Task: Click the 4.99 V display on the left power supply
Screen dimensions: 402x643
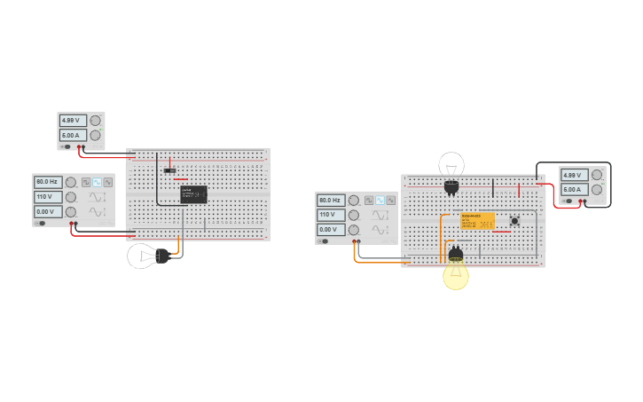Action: tap(71, 121)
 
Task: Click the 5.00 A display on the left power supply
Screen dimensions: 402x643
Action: tap(71, 136)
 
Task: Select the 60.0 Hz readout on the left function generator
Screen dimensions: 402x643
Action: tap(47, 182)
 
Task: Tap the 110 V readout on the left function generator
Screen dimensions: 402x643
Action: tap(47, 197)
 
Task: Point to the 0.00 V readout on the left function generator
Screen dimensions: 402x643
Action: tap(47, 212)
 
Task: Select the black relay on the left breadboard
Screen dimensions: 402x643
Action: tap(193, 193)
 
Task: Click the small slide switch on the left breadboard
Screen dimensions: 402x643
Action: tap(169, 169)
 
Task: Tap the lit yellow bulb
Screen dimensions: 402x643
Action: tap(456, 274)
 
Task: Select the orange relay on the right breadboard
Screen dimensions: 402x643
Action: tap(477, 221)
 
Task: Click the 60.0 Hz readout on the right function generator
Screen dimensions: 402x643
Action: tap(330, 201)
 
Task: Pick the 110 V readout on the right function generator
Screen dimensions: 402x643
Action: tap(330, 215)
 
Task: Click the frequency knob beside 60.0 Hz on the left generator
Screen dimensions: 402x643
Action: tap(71, 182)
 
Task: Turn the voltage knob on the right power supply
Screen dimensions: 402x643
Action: tap(597, 175)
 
